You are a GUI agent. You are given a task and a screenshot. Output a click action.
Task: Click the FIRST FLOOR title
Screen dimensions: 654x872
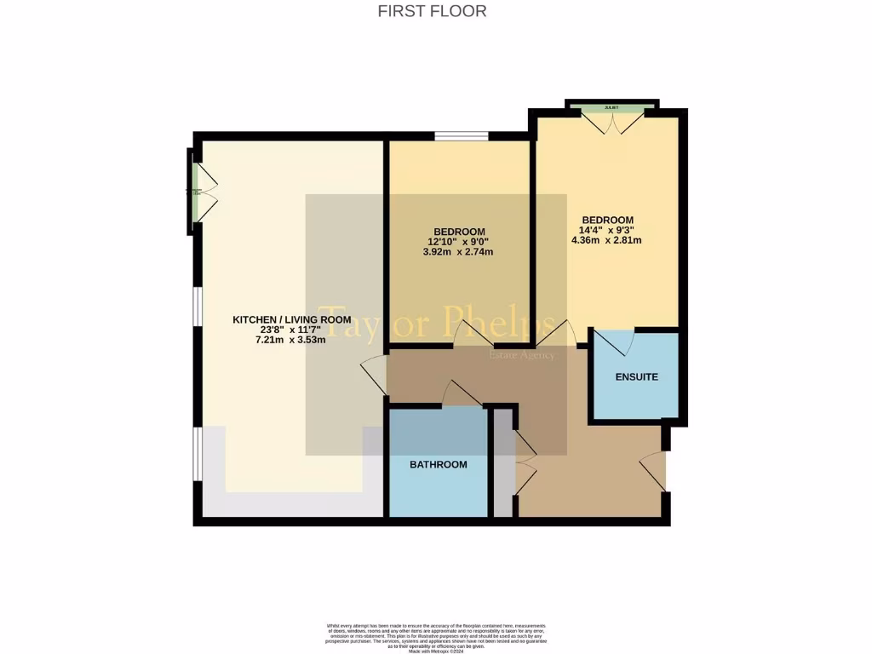[432, 11]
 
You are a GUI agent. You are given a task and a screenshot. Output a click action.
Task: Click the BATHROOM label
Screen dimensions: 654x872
[439, 464]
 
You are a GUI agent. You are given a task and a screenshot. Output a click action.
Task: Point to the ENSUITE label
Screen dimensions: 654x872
[637, 376]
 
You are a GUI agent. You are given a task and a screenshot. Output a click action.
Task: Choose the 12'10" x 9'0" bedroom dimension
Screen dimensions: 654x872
[459, 242]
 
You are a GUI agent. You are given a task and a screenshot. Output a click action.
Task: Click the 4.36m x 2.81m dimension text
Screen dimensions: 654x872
[606, 240]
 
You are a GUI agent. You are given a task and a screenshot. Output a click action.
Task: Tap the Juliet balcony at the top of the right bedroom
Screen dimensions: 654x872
[612, 108]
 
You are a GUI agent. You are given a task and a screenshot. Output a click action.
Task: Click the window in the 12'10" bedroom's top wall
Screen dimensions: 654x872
[461, 135]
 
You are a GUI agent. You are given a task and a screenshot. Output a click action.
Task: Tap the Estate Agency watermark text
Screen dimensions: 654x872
[521, 354]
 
